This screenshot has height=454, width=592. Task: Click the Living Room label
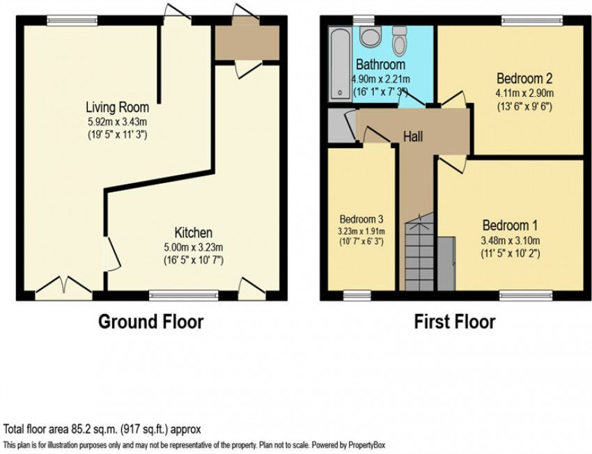pyautogui.click(x=118, y=107)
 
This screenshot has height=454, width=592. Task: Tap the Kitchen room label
pyautogui.click(x=194, y=232)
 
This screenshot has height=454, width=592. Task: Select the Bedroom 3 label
pyautogui.click(x=361, y=219)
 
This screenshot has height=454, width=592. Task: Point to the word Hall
pyautogui.click(x=413, y=136)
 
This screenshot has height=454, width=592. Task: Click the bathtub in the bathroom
pyautogui.click(x=340, y=63)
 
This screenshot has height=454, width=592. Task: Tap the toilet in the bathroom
pyautogui.click(x=398, y=41)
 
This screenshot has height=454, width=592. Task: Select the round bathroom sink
pyautogui.click(x=368, y=36)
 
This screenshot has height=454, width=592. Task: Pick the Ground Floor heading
pyautogui.click(x=150, y=322)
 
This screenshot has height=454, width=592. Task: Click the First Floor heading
pyautogui.click(x=455, y=322)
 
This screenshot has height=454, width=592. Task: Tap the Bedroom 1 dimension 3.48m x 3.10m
pyautogui.click(x=510, y=240)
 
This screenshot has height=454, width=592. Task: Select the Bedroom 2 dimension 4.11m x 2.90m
pyautogui.click(x=524, y=93)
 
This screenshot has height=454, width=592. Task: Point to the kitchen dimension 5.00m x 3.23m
pyautogui.click(x=194, y=248)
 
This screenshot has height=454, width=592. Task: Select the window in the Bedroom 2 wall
pyautogui.click(x=532, y=21)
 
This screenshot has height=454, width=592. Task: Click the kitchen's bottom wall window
pyautogui.click(x=184, y=295)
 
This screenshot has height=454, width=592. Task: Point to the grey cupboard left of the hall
pyautogui.click(x=342, y=125)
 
